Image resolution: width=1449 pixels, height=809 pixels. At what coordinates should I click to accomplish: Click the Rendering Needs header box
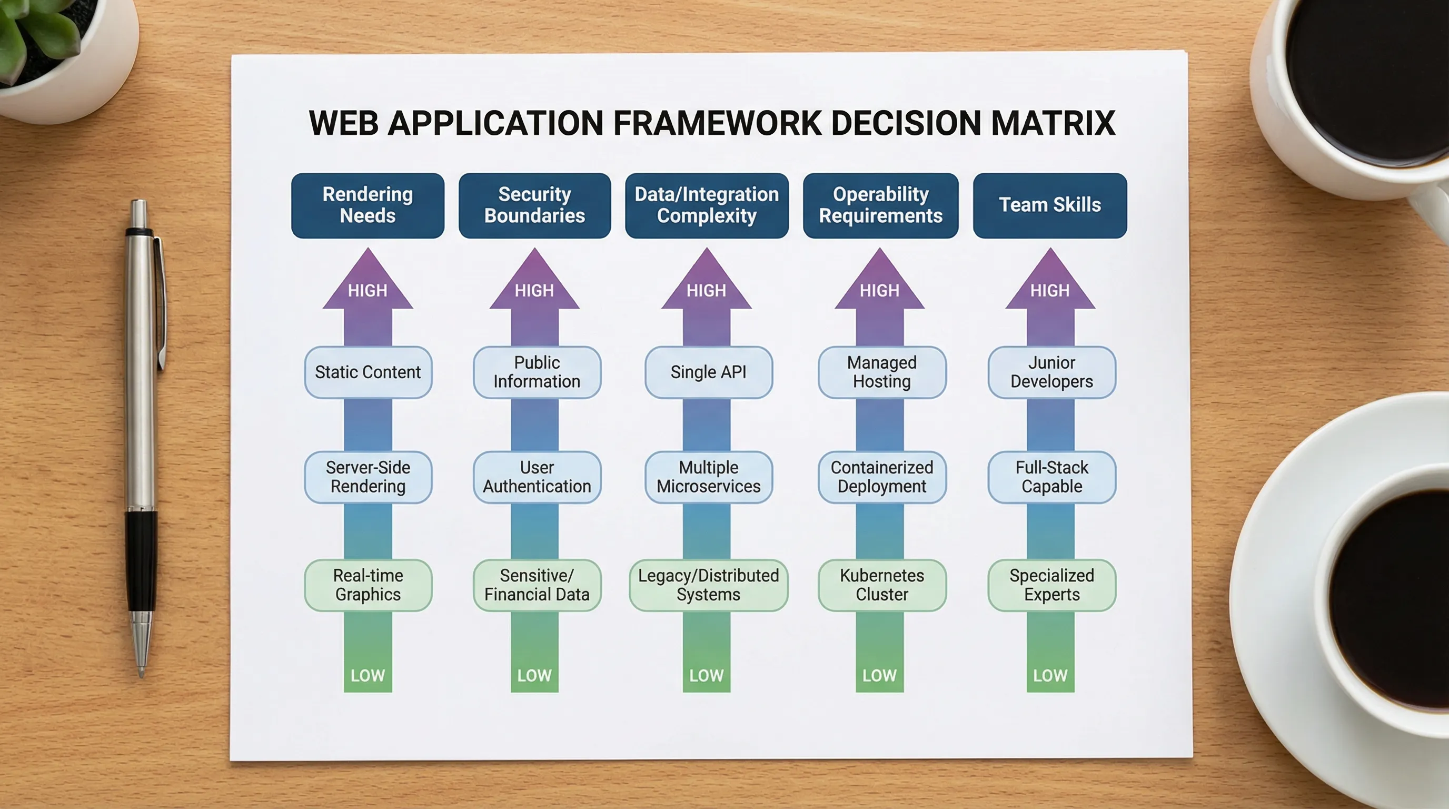tap(368, 205)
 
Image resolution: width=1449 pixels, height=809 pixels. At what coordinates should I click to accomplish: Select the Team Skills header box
tap(1049, 205)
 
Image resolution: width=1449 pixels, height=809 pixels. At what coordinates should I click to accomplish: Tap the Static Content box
tap(369, 372)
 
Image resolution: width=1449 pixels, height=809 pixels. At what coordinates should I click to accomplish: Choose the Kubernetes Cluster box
tap(882, 585)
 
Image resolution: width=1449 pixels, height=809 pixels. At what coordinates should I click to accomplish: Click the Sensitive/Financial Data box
tap(537, 585)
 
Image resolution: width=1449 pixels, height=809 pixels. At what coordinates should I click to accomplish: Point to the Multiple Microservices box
tap(709, 477)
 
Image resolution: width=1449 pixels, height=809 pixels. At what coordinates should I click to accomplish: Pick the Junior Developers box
tap(1052, 372)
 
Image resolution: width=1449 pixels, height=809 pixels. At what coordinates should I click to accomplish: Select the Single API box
tap(709, 372)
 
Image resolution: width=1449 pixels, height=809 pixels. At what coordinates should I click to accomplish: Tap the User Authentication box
tap(537, 477)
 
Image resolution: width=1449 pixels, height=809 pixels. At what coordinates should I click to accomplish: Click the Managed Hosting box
tap(882, 372)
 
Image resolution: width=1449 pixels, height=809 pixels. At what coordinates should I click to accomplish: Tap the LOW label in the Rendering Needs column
tap(368, 675)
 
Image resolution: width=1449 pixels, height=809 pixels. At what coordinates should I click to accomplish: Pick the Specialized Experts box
tap(1052, 585)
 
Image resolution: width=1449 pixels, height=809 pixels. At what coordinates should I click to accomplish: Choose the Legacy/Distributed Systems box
tap(709, 585)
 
